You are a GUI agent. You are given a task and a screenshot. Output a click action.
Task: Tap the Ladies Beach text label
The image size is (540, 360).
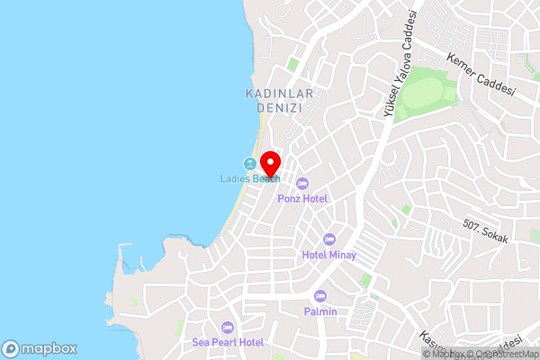click(250, 178)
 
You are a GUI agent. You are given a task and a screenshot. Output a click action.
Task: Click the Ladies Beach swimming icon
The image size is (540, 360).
click(248, 164)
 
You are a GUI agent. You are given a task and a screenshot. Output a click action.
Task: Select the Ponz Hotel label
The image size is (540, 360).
click(302, 198)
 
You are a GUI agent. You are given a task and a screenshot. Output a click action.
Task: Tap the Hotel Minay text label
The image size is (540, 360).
click(329, 255)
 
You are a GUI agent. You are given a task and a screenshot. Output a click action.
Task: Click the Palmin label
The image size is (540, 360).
click(320, 311)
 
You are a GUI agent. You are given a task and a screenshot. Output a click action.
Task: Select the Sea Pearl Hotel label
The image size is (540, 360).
click(228, 343)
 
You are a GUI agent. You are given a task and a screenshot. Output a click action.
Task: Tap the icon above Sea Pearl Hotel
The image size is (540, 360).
click(228, 328)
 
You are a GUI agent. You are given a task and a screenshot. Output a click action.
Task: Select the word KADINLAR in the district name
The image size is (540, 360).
click(272, 93)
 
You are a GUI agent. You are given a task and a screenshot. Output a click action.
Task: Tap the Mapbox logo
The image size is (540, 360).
click(40, 348)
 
